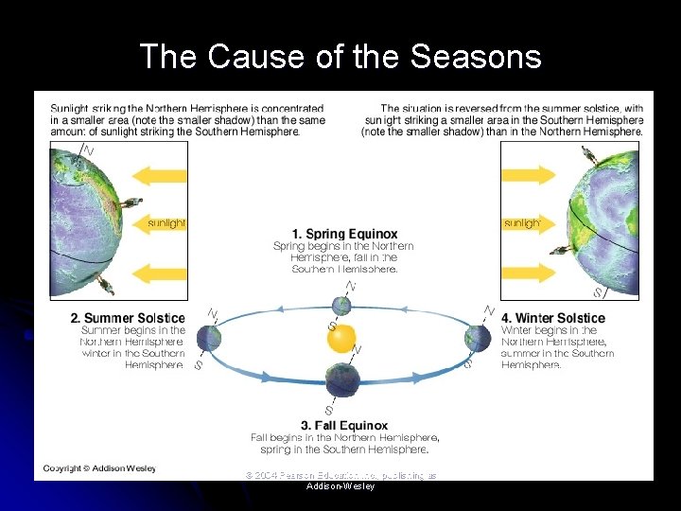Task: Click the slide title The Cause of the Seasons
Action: (340, 58)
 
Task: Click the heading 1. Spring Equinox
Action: (344, 234)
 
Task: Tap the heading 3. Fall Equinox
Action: (344, 425)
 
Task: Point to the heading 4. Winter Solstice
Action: (553, 318)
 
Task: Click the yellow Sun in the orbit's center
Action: (342, 338)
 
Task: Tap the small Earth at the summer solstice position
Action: (211, 337)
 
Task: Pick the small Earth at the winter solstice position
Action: (477, 338)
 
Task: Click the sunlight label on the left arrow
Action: (166, 223)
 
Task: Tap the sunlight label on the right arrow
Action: (522, 223)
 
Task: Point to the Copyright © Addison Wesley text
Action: (99, 467)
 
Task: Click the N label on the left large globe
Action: (88, 150)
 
